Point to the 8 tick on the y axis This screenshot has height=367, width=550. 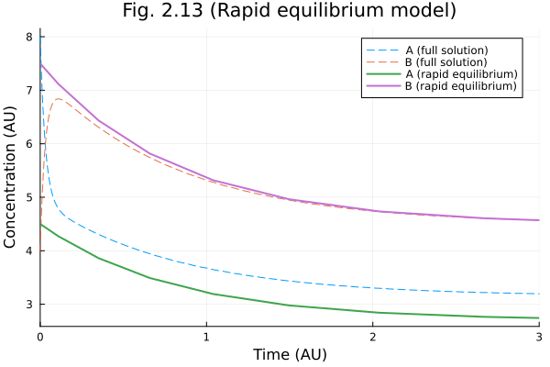(x=29, y=37)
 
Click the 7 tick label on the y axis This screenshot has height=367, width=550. (x=29, y=90)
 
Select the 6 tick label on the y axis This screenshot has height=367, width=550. (x=29, y=144)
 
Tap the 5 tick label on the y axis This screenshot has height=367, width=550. (x=29, y=197)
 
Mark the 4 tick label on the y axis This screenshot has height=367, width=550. (x=29, y=250)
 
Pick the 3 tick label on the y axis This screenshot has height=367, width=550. (x=29, y=304)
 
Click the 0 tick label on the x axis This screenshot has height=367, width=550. (x=39, y=337)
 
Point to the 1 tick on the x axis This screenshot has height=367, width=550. (x=206, y=337)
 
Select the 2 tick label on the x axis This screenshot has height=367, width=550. (x=372, y=337)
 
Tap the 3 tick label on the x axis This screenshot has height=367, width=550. (x=538, y=337)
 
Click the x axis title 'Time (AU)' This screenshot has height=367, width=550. (x=290, y=354)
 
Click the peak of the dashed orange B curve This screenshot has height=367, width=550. (x=59, y=98)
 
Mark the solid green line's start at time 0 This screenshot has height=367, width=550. (x=40, y=224)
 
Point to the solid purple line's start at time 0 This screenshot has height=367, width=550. (x=40, y=63)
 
